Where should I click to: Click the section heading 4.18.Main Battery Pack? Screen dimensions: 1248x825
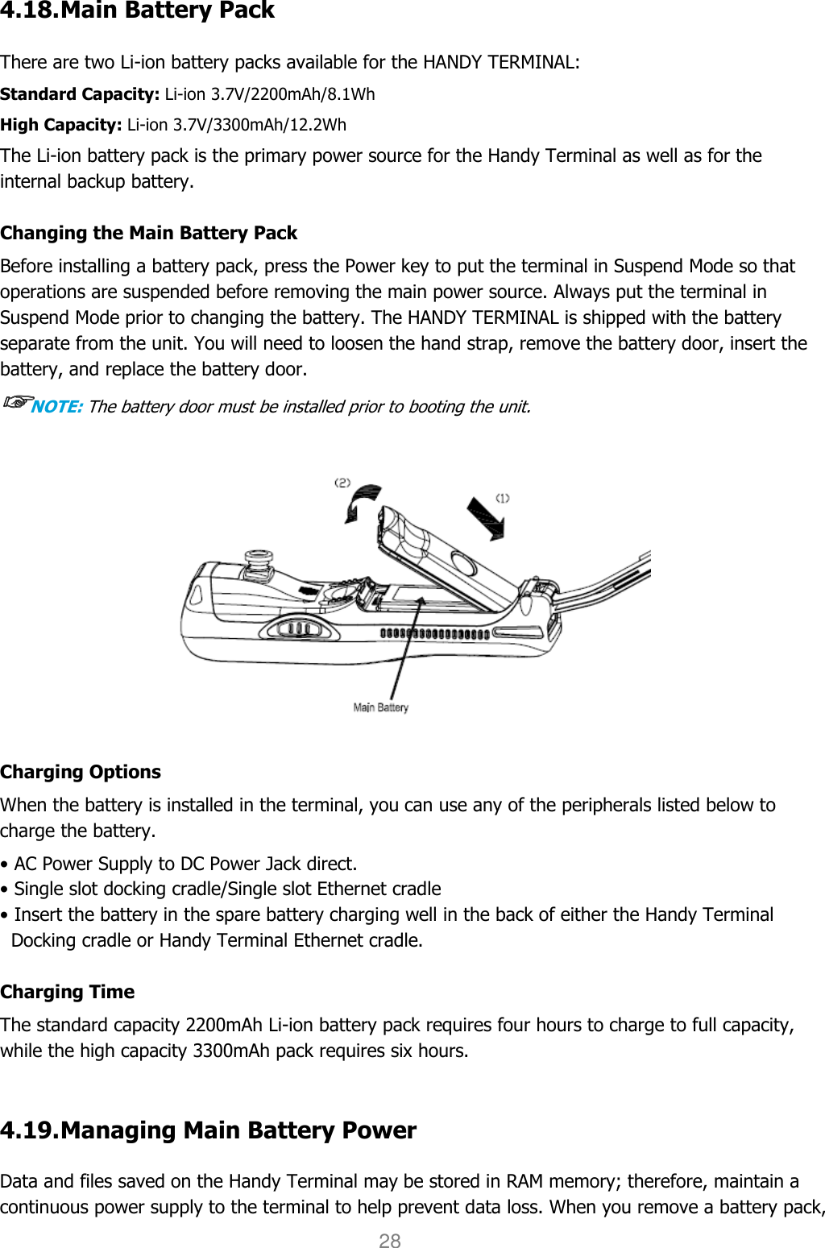pyautogui.click(x=138, y=11)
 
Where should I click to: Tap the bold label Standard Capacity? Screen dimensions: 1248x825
pyautogui.click(x=80, y=94)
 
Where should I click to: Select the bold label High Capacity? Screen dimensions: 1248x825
pyautogui.click(x=61, y=125)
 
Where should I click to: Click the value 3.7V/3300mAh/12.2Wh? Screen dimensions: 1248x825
pyautogui.click(x=259, y=125)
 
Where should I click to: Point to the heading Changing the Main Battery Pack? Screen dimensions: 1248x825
pyautogui.click(x=149, y=233)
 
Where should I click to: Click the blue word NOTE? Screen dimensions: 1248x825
pyautogui.click(x=56, y=407)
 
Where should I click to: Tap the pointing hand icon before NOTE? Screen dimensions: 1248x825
pyautogui.click(x=16, y=401)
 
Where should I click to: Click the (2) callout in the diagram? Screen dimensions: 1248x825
pyautogui.click(x=342, y=483)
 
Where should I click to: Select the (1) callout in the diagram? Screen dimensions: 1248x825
pyautogui.click(x=502, y=498)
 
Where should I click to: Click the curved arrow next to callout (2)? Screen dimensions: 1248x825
pyautogui.click(x=363, y=502)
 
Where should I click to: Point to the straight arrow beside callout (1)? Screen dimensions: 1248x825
pyautogui.click(x=487, y=517)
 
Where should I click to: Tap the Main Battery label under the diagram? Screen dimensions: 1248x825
pyautogui.click(x=381, y=707)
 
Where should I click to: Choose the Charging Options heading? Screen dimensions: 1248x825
pyautogui.click(x=81, y=772)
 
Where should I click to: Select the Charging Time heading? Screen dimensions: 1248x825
pyautogui.click(x=68, y=992)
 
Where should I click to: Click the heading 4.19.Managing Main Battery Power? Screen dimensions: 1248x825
pyautogui.click(x=209, y=1130)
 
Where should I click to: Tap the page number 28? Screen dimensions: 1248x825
pyautogui.click(x=390, y=1241)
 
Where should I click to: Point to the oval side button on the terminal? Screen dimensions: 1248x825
pyautogui.click(x=300, y=627)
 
